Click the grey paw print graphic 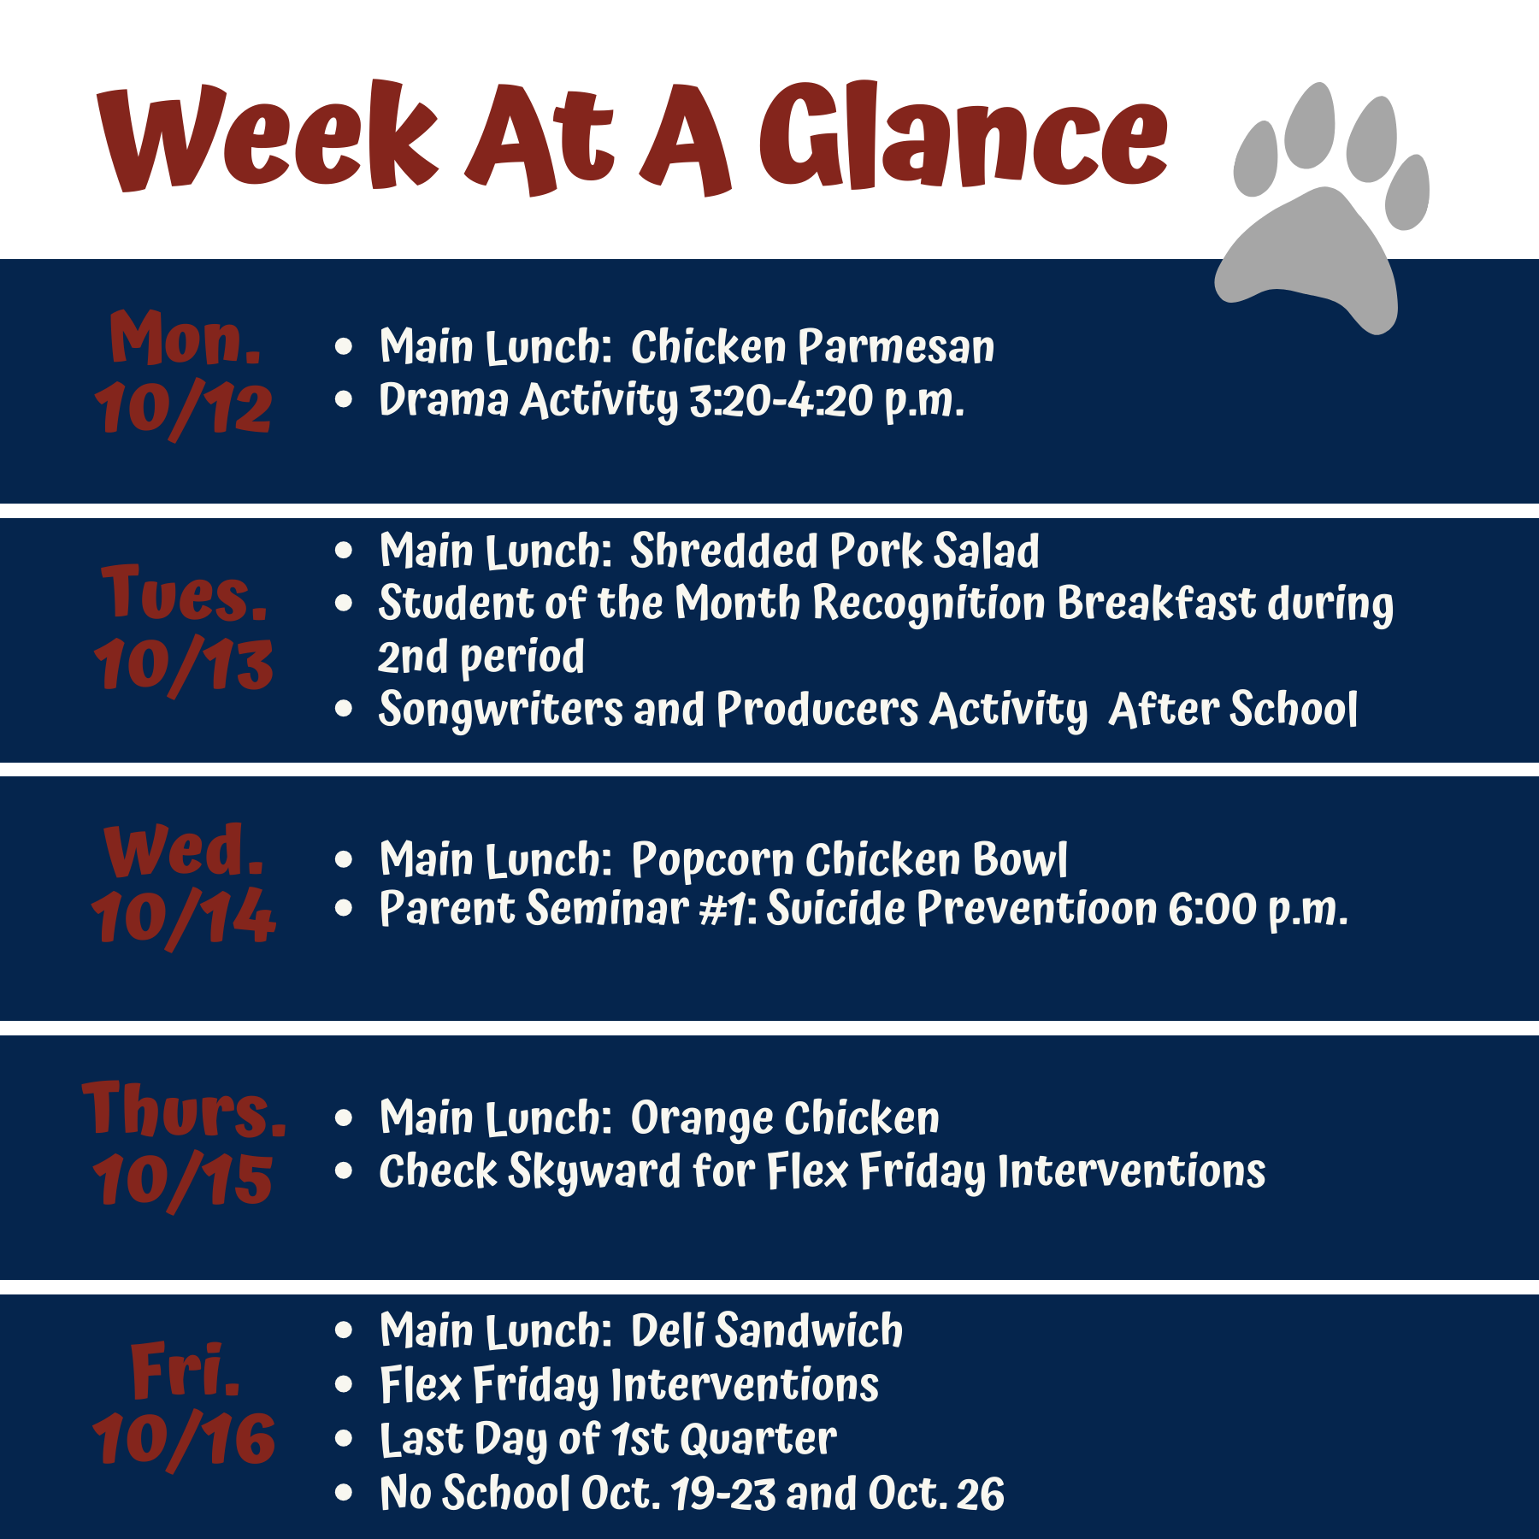pos(1321,214)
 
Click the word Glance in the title pos(964,137)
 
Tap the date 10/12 pos(183,409)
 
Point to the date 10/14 pos(183,918)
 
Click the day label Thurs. pos(185,1108)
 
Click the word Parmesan pos(896,347)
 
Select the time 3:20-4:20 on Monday pos(781,400)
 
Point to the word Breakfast pos(1156,603)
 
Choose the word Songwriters pos(501,711)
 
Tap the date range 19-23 pos(723,1494)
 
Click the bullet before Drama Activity pos(344,399)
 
